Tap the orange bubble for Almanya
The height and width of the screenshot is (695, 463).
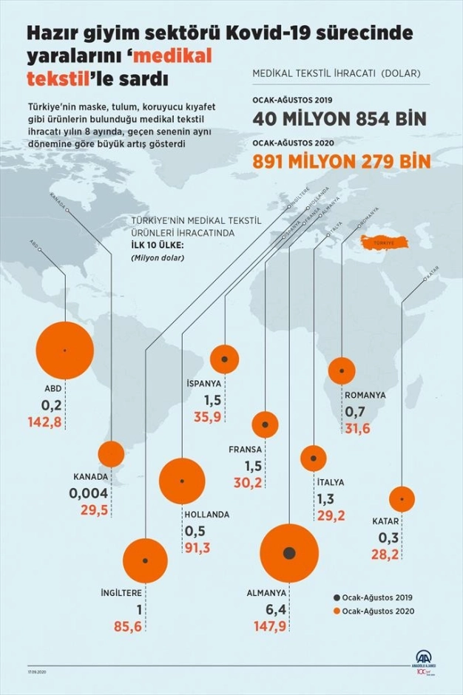[289, 554]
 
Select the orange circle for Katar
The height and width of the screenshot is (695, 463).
[402, 500]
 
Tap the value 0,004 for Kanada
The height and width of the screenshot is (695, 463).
[89, 493]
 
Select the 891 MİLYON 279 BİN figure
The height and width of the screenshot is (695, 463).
[342, 161]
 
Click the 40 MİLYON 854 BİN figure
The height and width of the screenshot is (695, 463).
[339, 120]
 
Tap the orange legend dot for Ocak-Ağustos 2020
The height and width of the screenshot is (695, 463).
[337, 611]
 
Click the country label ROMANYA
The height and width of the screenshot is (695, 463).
[365, 395]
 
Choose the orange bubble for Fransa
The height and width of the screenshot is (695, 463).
[265, 424]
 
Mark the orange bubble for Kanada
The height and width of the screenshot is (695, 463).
[111, 454]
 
